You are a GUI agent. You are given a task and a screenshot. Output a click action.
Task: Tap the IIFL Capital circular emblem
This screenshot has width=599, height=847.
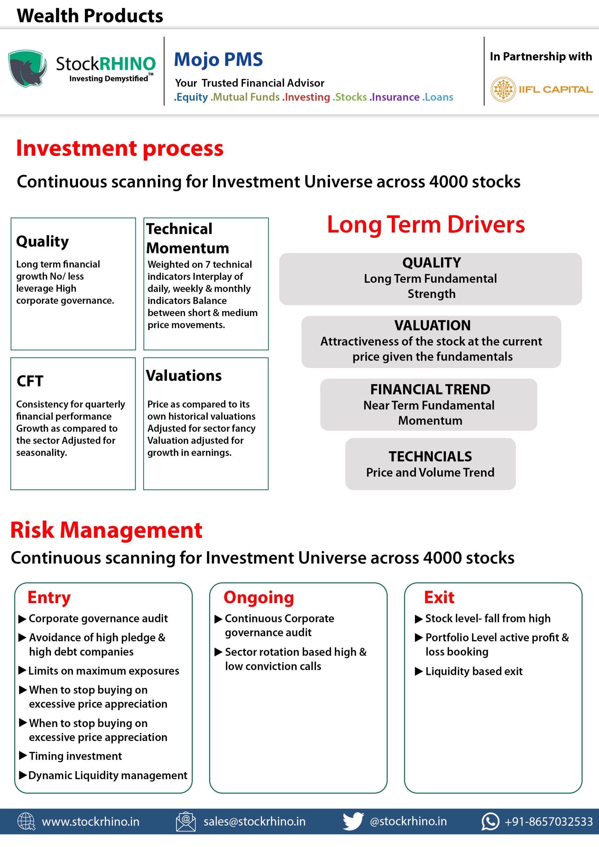[503, 89]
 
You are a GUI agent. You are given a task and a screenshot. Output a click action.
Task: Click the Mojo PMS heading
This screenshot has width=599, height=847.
[218, 60]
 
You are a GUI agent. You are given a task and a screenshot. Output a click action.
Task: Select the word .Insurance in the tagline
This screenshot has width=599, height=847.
[394, 97]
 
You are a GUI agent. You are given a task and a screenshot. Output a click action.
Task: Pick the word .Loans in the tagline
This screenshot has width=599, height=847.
[438, 97]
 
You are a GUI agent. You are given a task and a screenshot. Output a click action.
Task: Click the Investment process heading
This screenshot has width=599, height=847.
[120, 148]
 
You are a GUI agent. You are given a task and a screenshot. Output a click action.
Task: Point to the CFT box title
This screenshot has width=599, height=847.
[30, 381]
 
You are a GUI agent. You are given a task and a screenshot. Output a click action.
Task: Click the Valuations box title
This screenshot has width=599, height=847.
[184, 376]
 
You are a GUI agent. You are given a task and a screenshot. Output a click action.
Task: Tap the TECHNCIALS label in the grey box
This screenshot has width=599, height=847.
[430, 456]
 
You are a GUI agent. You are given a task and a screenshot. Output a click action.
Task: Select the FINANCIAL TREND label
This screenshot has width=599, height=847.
[430, 389]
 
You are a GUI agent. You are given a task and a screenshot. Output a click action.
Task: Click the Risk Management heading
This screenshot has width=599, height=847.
[106, 530]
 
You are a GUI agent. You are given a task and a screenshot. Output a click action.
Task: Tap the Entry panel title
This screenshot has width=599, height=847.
[49, 598]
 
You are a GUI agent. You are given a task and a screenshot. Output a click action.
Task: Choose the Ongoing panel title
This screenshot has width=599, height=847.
[259, 598]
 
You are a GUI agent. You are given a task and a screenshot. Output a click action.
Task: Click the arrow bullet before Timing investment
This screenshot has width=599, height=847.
[23, 755]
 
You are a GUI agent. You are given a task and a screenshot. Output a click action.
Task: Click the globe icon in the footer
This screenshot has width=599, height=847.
[26, 822]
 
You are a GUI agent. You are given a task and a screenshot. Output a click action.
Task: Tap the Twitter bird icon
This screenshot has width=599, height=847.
[353, 821]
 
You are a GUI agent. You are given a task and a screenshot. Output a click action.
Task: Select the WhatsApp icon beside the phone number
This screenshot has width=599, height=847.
[490, 822]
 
